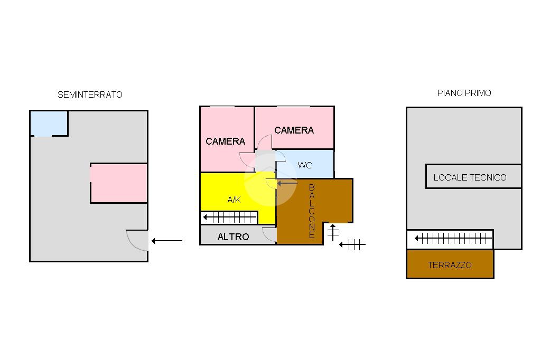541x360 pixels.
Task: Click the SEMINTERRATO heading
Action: click(90, 95)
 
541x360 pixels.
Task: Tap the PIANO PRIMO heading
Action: click(464, 93)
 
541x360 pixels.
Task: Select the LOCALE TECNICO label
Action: click(470, 177)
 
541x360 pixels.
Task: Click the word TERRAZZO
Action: click(450, 265)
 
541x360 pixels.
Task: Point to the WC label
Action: click(305, 165)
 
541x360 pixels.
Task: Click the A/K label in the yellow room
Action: click(234, 200)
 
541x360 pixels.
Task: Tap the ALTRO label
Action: click(233, 237)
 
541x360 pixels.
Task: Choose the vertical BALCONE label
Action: click(312, 211)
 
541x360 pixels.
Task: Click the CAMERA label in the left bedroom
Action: click(226, 141)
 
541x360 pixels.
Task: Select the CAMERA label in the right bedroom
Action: click(294, 130)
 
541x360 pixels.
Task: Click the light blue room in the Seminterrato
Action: click(49, 123)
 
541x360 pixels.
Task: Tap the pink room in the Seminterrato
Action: click(119, 183)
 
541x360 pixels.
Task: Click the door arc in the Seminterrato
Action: click(137, 240)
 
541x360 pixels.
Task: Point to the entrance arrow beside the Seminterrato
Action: click(167, 241)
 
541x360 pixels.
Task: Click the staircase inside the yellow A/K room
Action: click(229, 217)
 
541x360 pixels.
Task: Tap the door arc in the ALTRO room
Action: click(269, 234)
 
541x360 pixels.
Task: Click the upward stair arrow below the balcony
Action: click(333, 233)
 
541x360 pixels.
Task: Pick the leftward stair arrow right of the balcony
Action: click(352, 244)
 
